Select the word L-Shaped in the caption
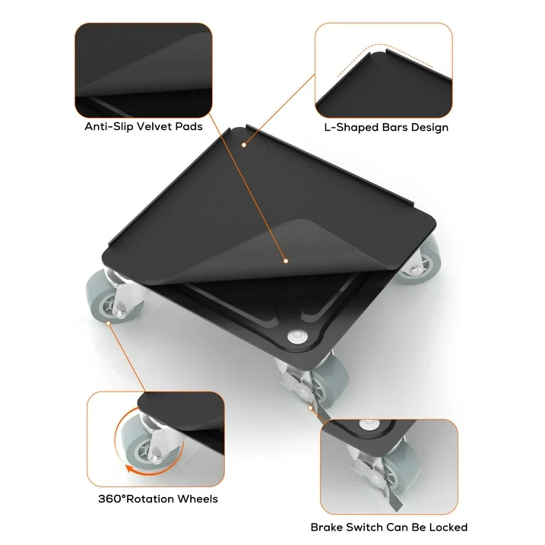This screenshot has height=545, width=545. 351,128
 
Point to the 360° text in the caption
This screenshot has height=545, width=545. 112,499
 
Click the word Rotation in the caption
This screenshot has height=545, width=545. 150,499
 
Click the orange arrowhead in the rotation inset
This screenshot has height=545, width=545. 130,469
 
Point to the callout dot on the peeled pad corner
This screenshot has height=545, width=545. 286,261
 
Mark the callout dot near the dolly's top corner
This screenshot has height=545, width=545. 244,145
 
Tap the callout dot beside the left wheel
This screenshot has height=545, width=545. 109,323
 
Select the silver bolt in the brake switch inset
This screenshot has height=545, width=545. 369,424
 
